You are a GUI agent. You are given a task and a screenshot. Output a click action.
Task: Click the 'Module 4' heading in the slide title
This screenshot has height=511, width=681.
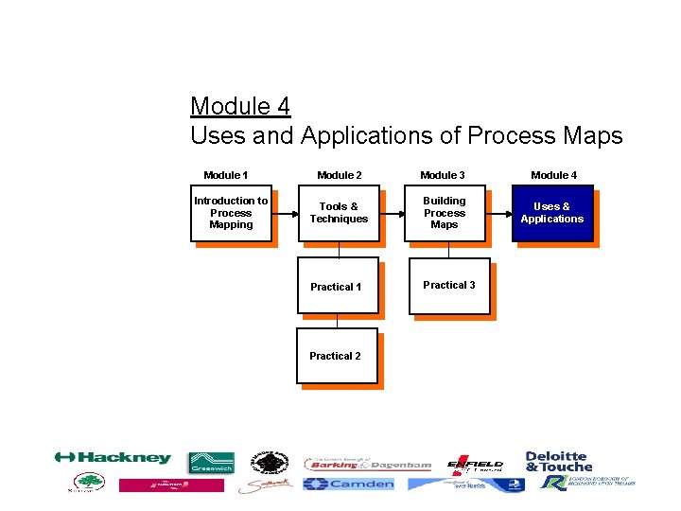239,105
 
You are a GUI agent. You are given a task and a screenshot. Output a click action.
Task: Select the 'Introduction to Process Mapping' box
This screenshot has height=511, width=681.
231,213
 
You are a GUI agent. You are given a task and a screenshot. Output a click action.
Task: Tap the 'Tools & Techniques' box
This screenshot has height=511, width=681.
339,213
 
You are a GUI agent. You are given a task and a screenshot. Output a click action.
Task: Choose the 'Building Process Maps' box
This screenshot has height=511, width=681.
444,213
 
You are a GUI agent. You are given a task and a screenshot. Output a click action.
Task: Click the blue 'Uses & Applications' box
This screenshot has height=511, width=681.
552,213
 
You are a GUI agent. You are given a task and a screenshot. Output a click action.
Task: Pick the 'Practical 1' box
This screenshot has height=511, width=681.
338,286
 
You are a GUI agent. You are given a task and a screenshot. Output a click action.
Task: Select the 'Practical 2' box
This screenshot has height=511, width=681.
337,356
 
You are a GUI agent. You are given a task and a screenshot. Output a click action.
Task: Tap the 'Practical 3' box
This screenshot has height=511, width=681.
448,285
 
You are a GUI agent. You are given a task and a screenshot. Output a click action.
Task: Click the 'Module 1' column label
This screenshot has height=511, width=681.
226,175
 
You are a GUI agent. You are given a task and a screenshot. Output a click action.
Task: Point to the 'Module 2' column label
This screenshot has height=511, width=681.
340,175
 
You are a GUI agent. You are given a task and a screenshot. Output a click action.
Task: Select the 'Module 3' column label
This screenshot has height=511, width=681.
443,175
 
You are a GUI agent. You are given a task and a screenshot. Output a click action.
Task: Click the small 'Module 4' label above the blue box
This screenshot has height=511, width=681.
553,175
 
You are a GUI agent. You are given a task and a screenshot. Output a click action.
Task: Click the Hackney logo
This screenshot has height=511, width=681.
113,458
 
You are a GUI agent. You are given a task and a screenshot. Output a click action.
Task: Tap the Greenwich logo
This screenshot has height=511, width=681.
211,462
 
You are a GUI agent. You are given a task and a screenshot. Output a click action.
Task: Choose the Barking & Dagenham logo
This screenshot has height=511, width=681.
368,465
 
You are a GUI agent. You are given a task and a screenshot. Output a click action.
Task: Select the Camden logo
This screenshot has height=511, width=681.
348,484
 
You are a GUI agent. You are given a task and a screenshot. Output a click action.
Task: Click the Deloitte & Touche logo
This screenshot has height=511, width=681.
558,461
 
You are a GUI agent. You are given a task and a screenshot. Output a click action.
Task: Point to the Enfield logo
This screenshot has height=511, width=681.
475,464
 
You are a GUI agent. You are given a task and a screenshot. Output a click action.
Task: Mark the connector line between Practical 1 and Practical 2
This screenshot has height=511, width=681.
338,321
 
